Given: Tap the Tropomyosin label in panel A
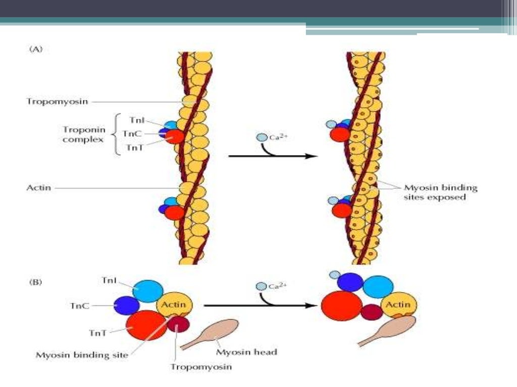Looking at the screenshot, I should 57,101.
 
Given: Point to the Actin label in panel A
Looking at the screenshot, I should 38,188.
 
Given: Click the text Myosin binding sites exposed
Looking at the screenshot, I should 440,192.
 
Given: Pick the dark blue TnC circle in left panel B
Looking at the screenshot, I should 126,306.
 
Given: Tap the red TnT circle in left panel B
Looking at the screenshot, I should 146,325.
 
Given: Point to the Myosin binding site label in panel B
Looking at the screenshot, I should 81,355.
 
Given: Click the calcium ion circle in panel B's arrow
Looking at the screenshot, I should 261,287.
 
